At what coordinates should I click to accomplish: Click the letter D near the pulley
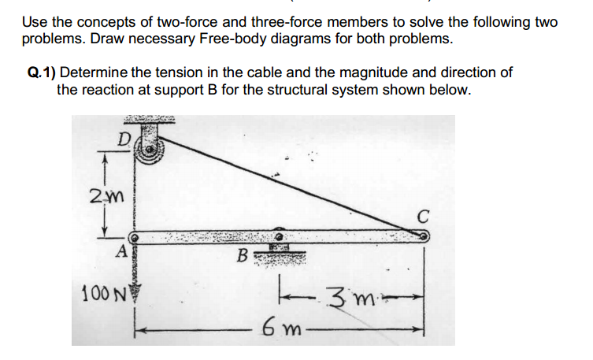124,139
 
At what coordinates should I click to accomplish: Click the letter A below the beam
121,252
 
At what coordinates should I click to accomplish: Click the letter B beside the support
245,255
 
